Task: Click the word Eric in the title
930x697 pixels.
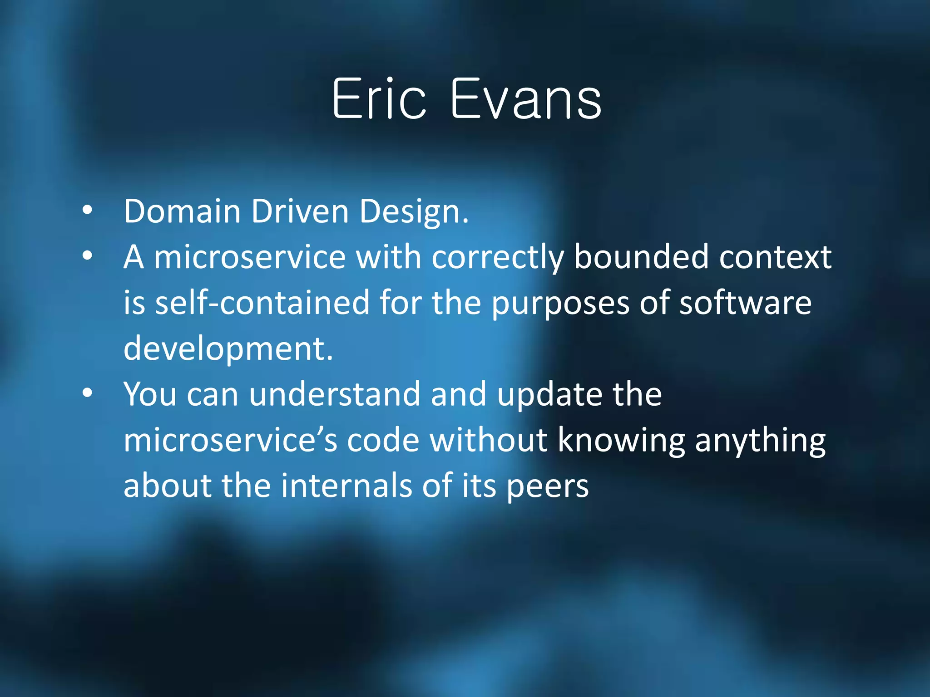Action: [x=379, y=99]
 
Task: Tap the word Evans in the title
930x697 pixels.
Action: [x=525, y=99]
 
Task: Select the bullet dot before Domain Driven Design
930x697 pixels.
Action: [x=87, y=210]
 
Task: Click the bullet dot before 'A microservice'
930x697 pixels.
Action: [x=87, y=255]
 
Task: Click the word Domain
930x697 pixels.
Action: [x=182, y=211]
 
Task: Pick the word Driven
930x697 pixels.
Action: [x=300, y=211]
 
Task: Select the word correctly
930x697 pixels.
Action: [x=498, y=258]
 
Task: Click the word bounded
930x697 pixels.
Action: [x=641, y=257]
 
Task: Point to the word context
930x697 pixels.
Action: [x=775, y=258]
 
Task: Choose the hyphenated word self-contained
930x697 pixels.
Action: [x=262, y=303]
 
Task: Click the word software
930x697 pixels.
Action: [x=745, y=303]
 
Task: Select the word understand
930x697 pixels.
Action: [x=334, y=394]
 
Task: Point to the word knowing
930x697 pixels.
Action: [x=621, y=440]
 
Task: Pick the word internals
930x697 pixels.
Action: [x=346, y=486]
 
